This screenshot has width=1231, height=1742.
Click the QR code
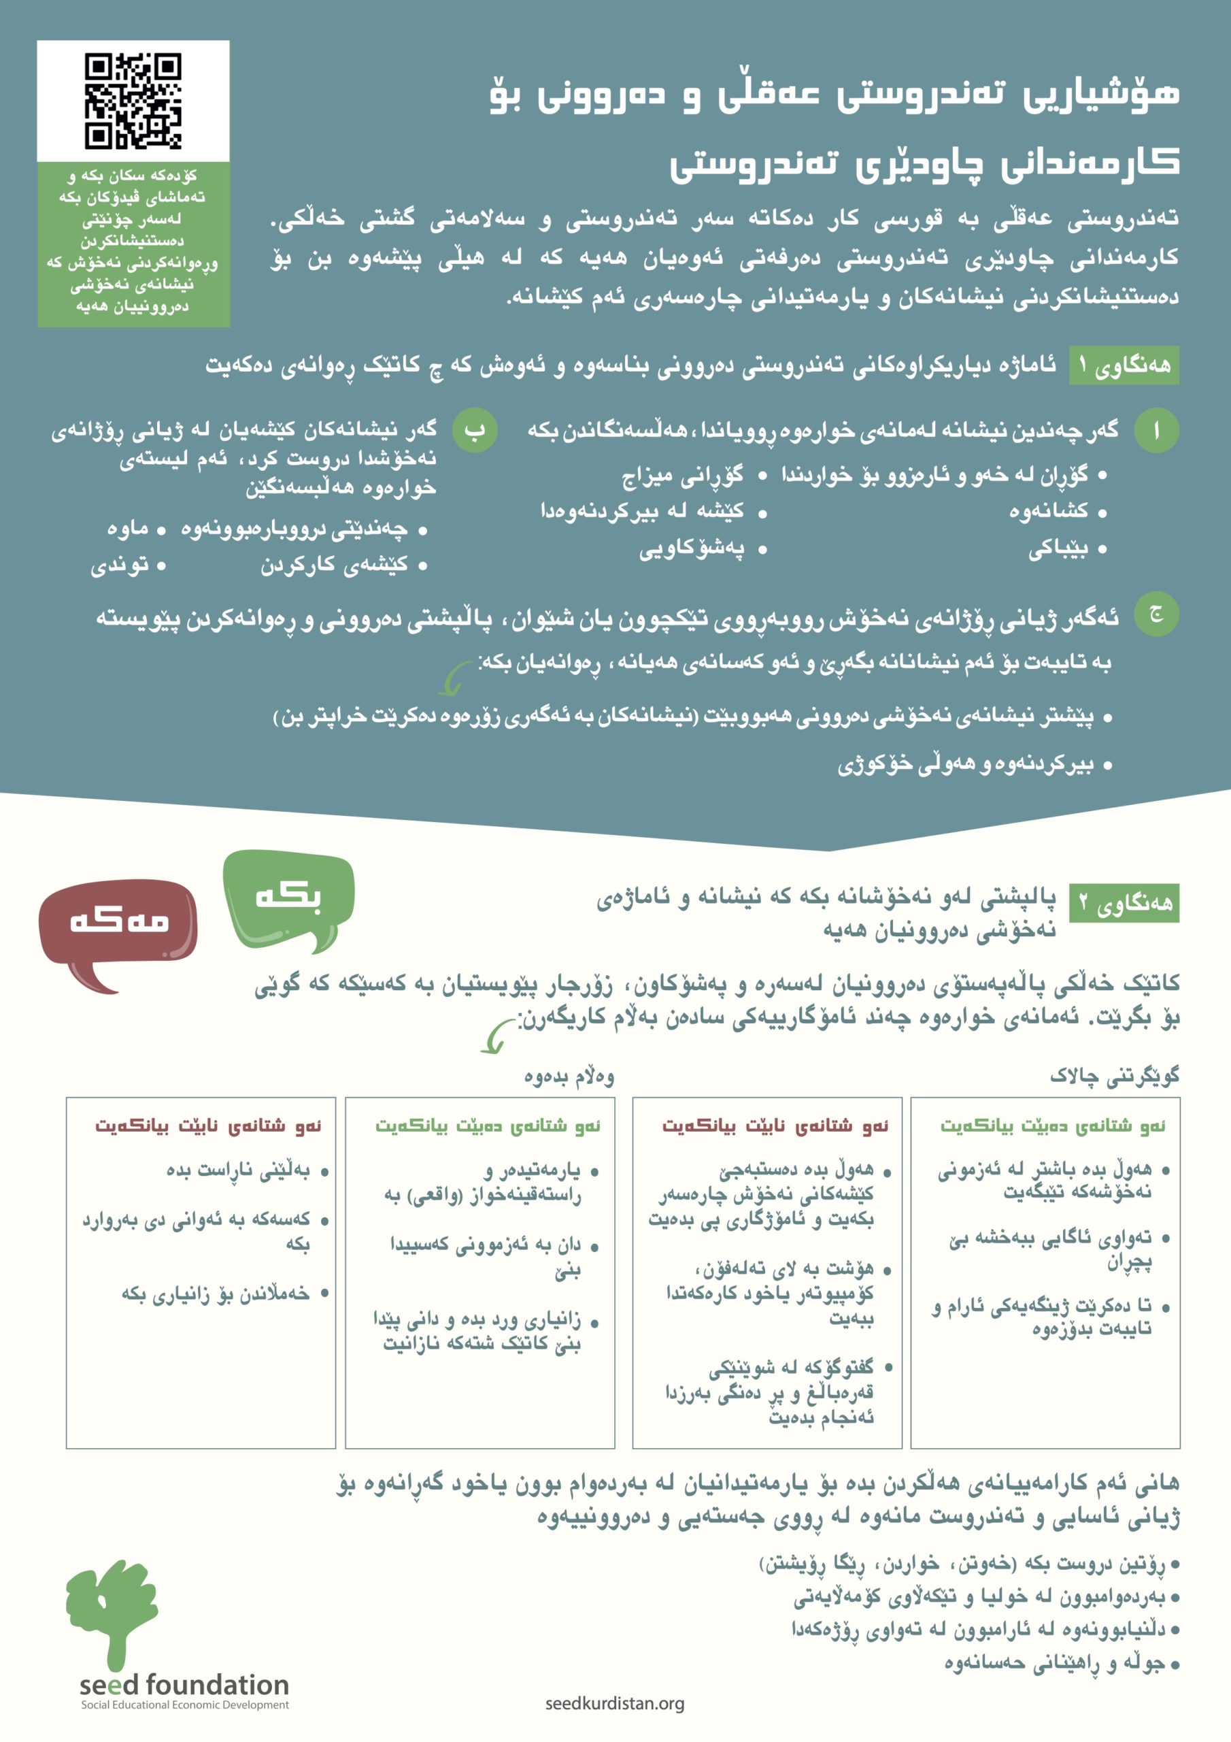coord(133,100)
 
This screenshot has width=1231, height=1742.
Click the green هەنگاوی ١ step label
coord(1124,365)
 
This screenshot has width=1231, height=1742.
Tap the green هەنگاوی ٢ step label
coord(1124,902)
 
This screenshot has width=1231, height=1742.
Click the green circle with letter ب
coord(475,430)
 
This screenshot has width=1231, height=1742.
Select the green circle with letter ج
coord(1156,614)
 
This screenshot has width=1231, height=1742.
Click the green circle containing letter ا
coord(1156,431)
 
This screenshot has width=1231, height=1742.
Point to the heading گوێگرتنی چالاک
coord(1114,1075)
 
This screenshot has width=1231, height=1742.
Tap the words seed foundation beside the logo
coord(184,1685)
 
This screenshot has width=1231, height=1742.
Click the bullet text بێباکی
coord(1058,549)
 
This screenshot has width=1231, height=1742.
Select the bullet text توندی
coord(120,565)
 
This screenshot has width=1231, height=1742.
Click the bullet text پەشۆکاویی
coord(691,549)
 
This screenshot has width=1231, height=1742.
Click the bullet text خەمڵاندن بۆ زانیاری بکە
coord(216,1293)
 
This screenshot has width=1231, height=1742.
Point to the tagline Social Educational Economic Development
coord(185,1705)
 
